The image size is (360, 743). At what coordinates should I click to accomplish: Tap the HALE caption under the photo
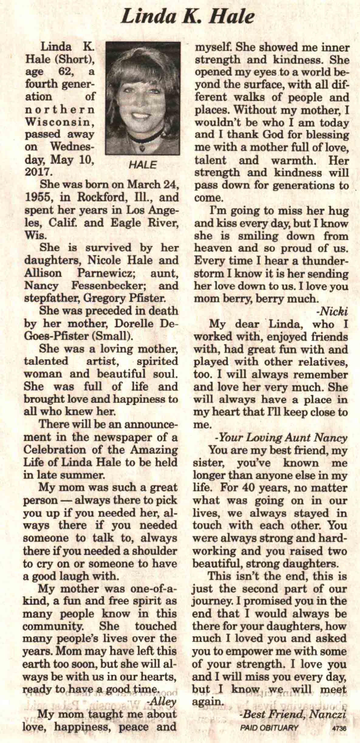[142, 165]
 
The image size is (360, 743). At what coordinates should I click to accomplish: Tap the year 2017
[37, 172]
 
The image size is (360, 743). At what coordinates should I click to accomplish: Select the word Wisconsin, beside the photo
[59, 122]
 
